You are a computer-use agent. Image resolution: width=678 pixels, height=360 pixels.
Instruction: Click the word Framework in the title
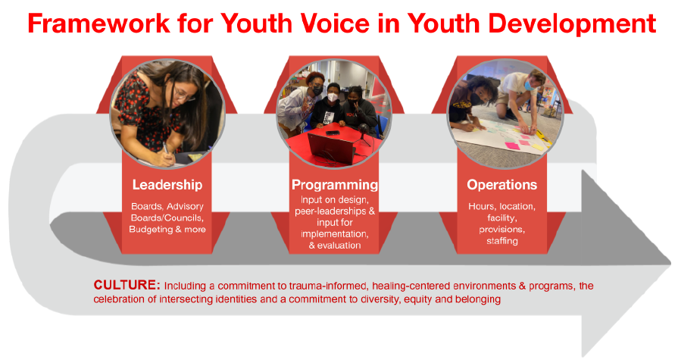coord(98,23)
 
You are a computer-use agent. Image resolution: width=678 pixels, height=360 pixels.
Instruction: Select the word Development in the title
coord(572,24)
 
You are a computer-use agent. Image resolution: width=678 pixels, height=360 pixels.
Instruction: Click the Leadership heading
coord(167,185)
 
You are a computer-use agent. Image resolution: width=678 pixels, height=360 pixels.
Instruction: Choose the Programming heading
coord(335,185)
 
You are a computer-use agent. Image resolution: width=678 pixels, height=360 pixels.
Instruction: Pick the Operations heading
coord(502,185)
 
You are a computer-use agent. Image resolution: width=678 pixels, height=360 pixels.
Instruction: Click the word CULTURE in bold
coord(127,285)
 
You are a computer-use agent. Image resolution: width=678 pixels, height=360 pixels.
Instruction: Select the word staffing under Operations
coord(502,241)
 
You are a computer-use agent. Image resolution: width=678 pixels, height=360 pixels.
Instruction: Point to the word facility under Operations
coord(502,218)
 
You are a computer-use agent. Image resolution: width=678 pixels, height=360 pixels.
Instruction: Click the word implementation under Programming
coord(335,234)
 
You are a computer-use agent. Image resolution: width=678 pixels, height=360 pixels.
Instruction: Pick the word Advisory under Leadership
coord(185,207)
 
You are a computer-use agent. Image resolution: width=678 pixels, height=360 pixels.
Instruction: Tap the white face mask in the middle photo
coord(331,97)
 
